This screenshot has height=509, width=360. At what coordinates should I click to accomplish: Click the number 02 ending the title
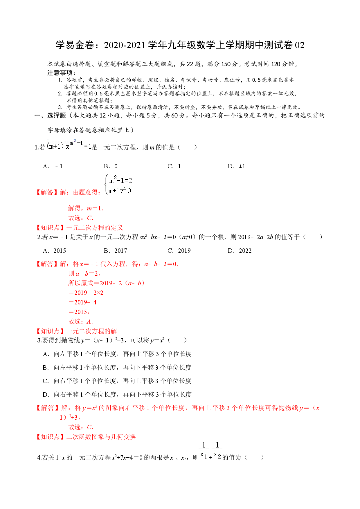click(300, 45)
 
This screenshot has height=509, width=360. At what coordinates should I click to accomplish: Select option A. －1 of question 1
click(53, 166)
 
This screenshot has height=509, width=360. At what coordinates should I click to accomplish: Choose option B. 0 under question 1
click(111, 166)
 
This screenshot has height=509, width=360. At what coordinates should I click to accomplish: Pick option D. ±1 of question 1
click(236, 166)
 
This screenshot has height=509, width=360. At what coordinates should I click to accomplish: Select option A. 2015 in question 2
click(54, 251)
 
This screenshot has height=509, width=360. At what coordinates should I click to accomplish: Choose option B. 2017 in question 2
click(115, 251)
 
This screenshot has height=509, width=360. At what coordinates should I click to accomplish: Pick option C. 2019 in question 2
click(179, 251)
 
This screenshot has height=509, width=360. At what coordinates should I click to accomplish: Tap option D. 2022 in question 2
click(240, 251)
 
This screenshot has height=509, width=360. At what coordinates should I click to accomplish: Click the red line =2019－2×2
click(86, 293)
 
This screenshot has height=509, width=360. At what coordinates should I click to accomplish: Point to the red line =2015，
click(79, 312)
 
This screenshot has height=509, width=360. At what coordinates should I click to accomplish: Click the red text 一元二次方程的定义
click(95, 228)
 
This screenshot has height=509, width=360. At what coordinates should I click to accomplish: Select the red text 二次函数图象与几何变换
click(101, 437)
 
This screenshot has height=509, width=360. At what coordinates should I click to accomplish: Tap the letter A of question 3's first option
click(45, 354)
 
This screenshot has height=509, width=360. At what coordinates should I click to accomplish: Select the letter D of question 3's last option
click(45, 395)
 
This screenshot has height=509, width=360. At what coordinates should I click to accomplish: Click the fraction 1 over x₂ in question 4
click(217, 451)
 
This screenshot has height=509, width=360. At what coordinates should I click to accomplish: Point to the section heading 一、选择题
click(50, 115)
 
